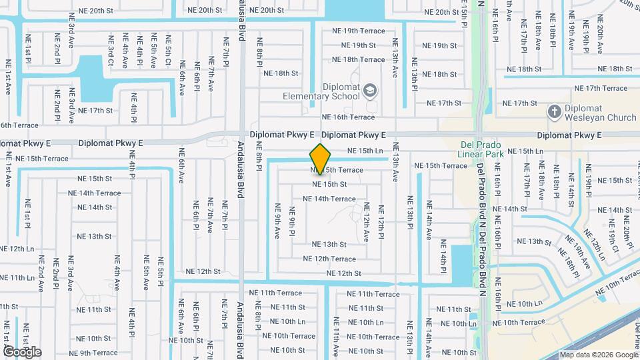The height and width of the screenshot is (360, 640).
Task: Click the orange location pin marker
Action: [321, 159]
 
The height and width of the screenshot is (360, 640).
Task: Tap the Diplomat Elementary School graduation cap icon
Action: [370, 90]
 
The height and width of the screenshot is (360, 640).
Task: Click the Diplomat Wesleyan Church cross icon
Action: [553, 112]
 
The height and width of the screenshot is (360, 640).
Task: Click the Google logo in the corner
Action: [22, 351]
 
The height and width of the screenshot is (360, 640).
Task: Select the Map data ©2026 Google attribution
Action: [598, 355]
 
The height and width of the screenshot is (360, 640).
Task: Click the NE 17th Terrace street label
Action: [600, 88]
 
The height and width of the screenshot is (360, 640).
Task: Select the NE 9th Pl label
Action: [292, 221]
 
